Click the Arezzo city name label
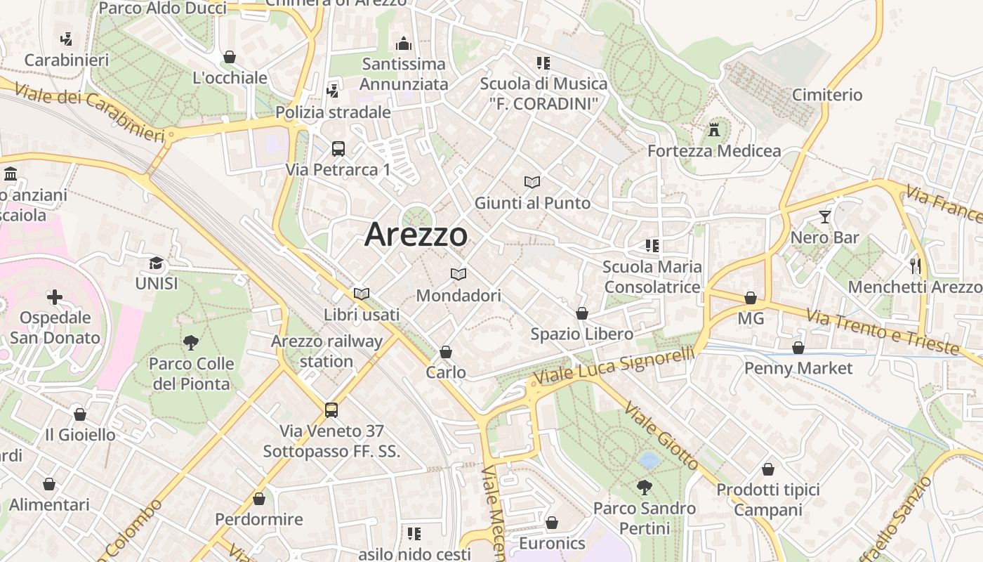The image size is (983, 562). (416, 234)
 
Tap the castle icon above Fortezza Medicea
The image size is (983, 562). (714, 130)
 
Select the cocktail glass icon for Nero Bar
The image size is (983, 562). (825, 217)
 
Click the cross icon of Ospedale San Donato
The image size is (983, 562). (55, 297)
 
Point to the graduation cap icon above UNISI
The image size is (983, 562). (156, 263)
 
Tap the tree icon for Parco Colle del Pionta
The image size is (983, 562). (190, 343)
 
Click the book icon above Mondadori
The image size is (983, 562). (458, 274)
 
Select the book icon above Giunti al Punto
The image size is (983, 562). (532, 183)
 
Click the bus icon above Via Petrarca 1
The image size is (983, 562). (338, 149)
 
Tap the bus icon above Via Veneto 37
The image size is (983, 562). (331, 410)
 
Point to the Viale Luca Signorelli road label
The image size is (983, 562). (614, 366)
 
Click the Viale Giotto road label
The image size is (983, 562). (661, 436)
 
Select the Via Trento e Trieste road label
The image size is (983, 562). (883, 332)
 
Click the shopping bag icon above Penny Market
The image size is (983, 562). (798, 348)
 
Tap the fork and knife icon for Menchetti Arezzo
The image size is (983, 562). (915, 266)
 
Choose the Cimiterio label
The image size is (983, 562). (826, 95)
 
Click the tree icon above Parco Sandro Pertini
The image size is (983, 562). (644, 487)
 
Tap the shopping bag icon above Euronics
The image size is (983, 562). (552, 523)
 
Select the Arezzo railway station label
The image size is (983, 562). (326, 351)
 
